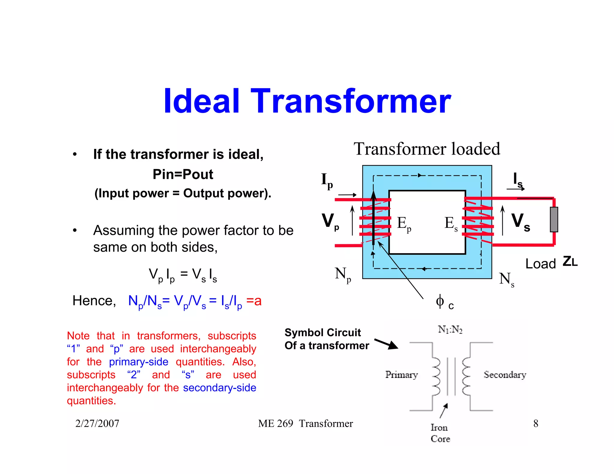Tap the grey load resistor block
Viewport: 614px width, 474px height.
click(x=554, y=219)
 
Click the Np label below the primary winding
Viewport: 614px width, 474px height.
click(x=343, y=274)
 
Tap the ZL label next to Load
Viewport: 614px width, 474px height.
click(x=570, y=262)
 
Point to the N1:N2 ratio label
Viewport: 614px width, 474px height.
click(x=450, y=330)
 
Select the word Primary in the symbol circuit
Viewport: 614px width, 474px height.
click(x=401, y=375)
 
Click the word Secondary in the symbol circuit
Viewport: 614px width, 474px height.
click(x=505, y=375)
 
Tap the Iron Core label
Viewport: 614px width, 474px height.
click(x=440, y=433)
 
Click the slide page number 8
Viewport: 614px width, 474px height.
click(x=536, y=423)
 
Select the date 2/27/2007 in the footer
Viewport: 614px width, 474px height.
click(x=97, y=423)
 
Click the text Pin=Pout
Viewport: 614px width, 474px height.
click(x=183, y=174)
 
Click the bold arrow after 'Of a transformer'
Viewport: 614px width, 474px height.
click(x=386, y=344)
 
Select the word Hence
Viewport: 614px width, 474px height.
click(x=94, y=301)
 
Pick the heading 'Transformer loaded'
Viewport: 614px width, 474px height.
click(x=427, y=149)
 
